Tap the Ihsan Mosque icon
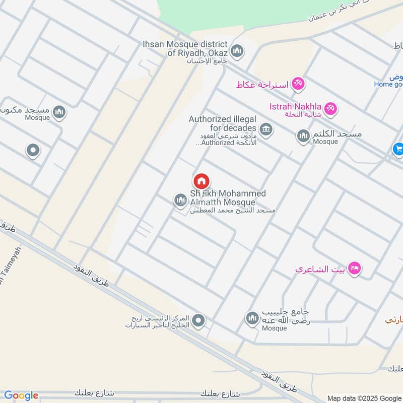(x=237, y=51)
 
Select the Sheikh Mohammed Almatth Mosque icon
(x=180, y=200)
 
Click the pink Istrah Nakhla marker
(x=330, y=108)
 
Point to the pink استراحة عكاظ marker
(x=298, y=84)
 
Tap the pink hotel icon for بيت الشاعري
(x=355, y=268)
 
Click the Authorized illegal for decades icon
(x=266, y=129)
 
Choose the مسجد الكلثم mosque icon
(x=303, y=136)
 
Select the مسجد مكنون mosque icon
(x=59, y=112)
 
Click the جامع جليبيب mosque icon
(x=252, y=318)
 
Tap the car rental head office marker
(x=199, y=320)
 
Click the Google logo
(x=21, y=395)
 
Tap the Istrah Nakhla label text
(x=294, y=106)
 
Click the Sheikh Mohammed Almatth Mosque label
(x=228, y=198)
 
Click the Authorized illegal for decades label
(x=223, y=123)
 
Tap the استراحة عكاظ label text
(x=262, y=85)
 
